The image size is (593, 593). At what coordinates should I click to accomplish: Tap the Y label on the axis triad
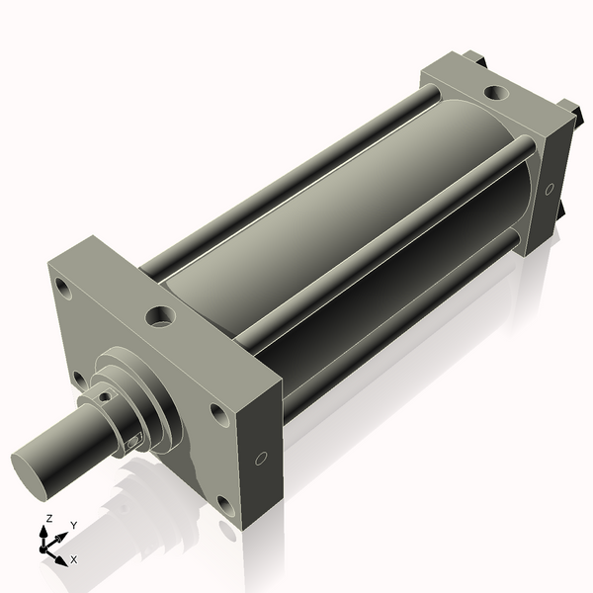(73, 524)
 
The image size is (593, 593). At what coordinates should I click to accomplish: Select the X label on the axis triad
(73, 559)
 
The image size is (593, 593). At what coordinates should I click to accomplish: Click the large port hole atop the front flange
(160, 317)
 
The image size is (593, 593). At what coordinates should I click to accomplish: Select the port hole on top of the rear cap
(494, 94)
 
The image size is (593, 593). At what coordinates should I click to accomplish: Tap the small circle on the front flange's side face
(261, 459)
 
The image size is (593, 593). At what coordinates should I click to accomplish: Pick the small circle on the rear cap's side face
(550, 188)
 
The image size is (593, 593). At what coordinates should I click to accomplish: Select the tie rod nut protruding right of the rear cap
(570, 109)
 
